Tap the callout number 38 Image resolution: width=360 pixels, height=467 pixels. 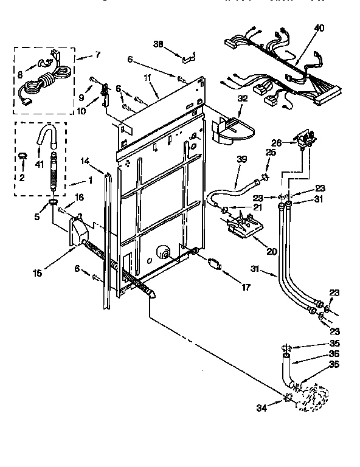pyautogui.click(x=159, y=44)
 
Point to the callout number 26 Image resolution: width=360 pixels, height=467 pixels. pyautogui.click(x=276, y=144)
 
